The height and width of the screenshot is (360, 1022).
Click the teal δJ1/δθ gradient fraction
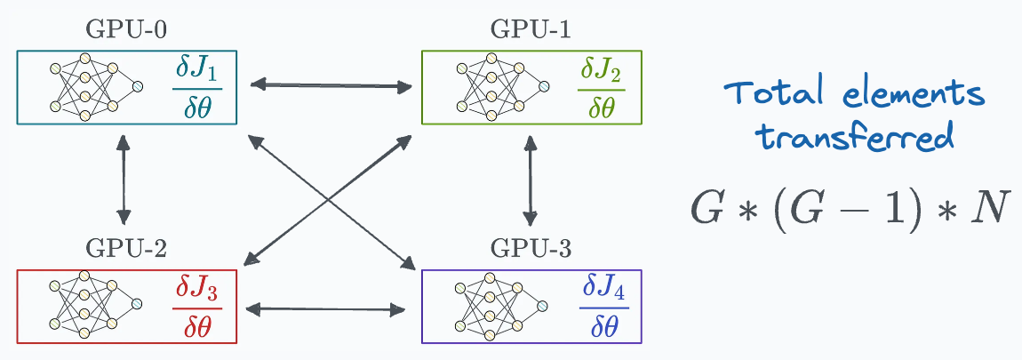coord(196,87)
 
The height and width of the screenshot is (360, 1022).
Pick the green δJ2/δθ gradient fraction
coord(601,87)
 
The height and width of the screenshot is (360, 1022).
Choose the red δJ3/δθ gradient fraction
coord(196,307)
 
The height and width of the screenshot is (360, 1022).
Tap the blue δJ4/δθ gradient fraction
coord(603,307)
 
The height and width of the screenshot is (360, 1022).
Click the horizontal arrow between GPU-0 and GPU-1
coord(331,85)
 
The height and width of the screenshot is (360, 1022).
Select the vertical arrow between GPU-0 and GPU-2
coord(124,179)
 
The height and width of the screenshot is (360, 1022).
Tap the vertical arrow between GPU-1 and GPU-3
coord(531,179)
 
